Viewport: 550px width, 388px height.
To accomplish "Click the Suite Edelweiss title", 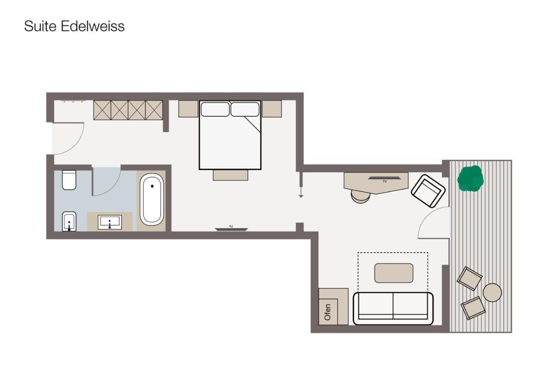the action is (74, 26).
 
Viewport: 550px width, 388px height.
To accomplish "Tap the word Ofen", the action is (328, 312).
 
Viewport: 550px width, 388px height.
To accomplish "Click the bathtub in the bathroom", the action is (152, 200).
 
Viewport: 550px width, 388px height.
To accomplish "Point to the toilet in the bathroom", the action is (69, 180).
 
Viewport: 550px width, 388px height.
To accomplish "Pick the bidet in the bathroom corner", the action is (69, 222).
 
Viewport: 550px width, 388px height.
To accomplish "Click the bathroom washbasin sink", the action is (110, 222).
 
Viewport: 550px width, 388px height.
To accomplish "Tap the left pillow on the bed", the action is (215, 110).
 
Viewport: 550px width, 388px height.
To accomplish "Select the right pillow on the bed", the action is (245, 110).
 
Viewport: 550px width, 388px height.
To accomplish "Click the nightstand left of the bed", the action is (188, 109).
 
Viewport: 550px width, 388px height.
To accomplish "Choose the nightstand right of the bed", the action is (272, 109).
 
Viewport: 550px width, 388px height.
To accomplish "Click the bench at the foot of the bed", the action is (230, 175).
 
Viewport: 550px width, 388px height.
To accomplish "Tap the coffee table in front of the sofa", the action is (394, 273).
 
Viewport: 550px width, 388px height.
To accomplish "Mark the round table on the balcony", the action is (492, 293).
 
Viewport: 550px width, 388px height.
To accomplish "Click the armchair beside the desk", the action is (428, 191).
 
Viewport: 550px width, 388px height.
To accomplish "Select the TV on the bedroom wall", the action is (231, 228).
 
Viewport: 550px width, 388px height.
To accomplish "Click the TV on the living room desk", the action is (384, 178).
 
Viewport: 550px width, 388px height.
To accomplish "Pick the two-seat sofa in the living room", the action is (393, 308).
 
